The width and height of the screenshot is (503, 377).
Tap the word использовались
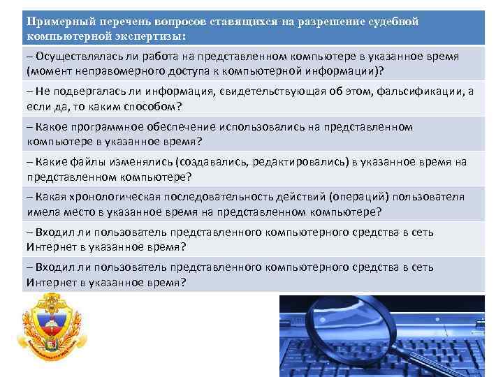click(x=263, y=126)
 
